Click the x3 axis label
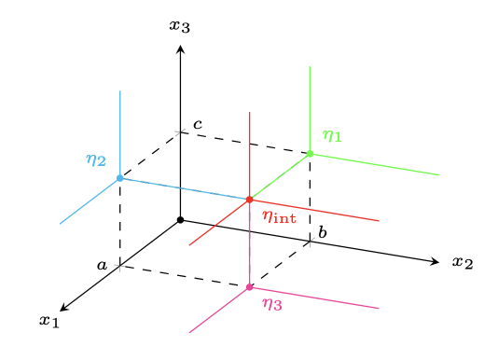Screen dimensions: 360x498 pyautogui.click(x=180, y=25)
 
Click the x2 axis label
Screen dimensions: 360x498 pyautogui.click(x=463, y=262)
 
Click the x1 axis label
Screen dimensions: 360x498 pyautogui.click(x=49, y=321)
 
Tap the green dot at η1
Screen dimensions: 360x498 pyautogui.click(x=310, y=153)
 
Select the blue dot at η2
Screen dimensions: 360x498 pyautogui.click(x=119, y=177)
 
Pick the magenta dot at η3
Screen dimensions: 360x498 pyautogui.click(x=249, y=286)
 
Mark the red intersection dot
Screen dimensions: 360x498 pyautogui.click(x=249, y=199)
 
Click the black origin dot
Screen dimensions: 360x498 pyautogui.click(x=180, y=220)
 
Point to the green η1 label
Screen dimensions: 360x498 pyautogui.click(x=332, y=136)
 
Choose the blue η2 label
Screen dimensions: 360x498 pyautogui.click(x=96, y=159)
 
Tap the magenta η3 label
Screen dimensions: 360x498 pyautogui.click(x=272, y=303)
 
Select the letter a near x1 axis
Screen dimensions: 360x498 pyautogui.click(x=103, y=266)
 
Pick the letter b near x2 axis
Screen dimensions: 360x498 pyautogui.click(x=322, y=231)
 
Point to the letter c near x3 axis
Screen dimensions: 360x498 pyautogui.click(x=198, y=124)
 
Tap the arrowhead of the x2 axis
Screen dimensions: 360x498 pyautogui.click(x=436, y=263)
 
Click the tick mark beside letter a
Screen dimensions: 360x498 pyautogui.click(x=119, y=266)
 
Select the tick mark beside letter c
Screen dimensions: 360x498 pyautogui.click(x=180, y=132)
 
